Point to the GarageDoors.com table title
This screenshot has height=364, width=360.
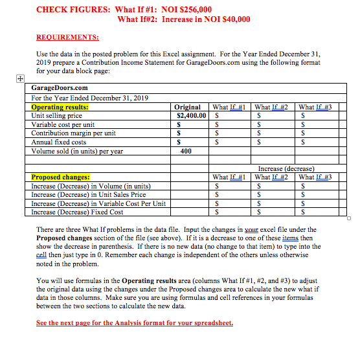pyautogui.click(x=60, y=87)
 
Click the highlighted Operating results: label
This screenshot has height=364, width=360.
pyautogui.click(x=60, y=108)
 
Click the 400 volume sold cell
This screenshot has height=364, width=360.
pyautogui.click(x=186, y=152)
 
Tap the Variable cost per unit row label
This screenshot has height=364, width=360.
pyautogui.click(x=63, y=124)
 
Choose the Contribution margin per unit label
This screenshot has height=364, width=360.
pyautogui.click(x=74, y=133)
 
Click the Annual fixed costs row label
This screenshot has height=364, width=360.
pyautogui.click(x=59, y=142)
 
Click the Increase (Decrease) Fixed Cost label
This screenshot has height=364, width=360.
pyautogui.click(x=77, y=211)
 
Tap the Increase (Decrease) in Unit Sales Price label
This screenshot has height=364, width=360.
pyautogui.click(x=89, y=194)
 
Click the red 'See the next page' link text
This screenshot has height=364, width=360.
pyautogui.click(x=135, y=323)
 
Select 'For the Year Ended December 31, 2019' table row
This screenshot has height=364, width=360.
pyautogui.click(x=90, y=98)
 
